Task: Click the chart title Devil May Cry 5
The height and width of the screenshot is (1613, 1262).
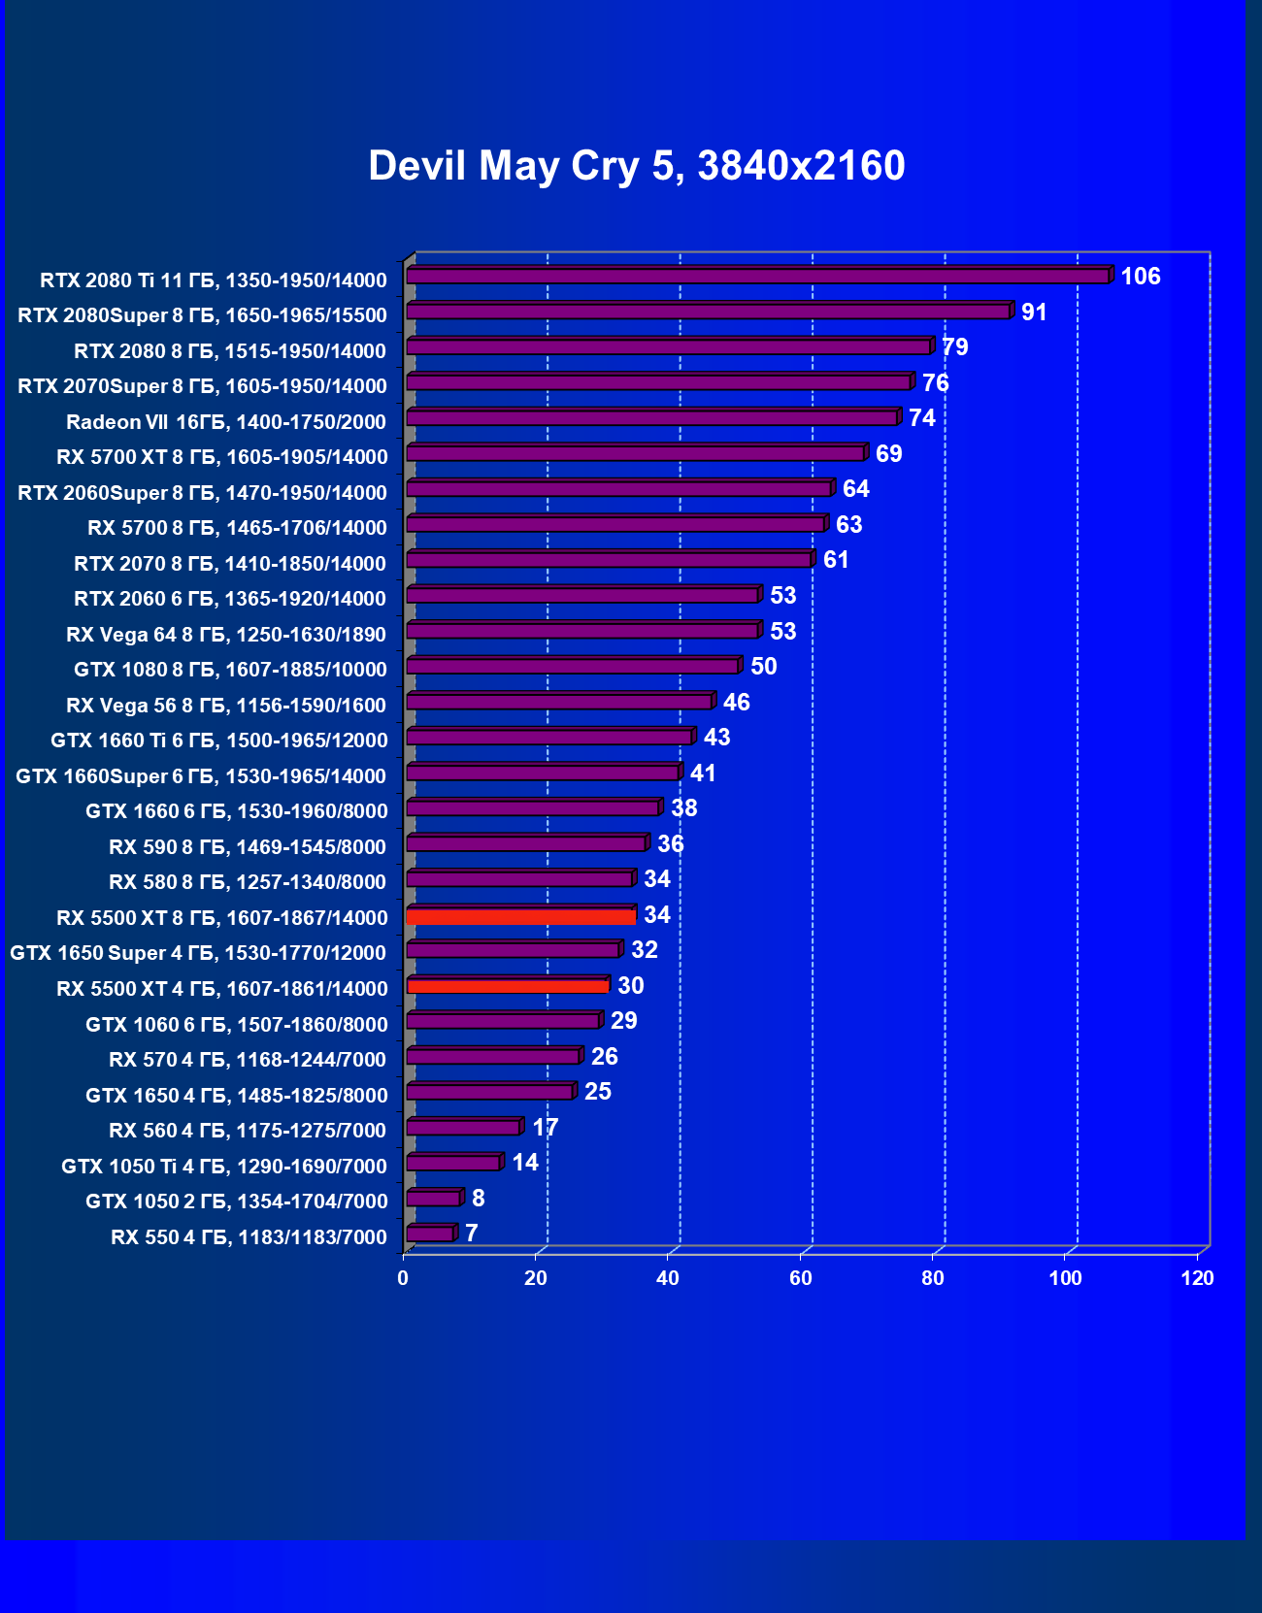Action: pos(636,166)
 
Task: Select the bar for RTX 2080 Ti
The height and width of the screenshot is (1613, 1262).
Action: pos(757,277)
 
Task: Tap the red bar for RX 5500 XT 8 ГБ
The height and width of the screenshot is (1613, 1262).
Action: pos(521,916)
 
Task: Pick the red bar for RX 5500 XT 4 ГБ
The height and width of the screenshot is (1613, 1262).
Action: pos(508,986)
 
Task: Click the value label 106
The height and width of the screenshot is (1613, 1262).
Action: pos(1140,277)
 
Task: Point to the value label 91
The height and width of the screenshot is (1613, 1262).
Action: pos(1034,313)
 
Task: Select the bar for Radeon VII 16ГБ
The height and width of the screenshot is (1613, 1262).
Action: pos(651,418)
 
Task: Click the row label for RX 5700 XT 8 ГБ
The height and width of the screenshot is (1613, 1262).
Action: pos(222,457)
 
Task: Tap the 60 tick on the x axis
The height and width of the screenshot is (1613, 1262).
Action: pos(801,1278)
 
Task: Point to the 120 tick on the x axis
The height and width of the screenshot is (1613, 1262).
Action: pos(1197,1278)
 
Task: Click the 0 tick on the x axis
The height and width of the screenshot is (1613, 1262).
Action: pos(404,1278)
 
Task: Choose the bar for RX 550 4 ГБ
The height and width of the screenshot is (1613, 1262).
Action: pos(430,1234)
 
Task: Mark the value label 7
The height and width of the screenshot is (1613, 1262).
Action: pos(472,1234)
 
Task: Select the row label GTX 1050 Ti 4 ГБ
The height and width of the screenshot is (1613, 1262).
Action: pos(224,1167)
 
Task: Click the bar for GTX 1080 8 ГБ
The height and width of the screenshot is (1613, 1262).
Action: pos(573,667)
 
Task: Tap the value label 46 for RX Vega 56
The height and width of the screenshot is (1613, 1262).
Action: pos(736,703)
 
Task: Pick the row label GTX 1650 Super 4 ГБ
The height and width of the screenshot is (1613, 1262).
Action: pos(198,953)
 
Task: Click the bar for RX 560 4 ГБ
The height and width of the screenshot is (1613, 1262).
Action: pos(463,1128)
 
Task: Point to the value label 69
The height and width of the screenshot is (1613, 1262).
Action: pos(888,454)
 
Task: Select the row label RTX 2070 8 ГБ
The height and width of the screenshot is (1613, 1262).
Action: pos(230,564)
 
